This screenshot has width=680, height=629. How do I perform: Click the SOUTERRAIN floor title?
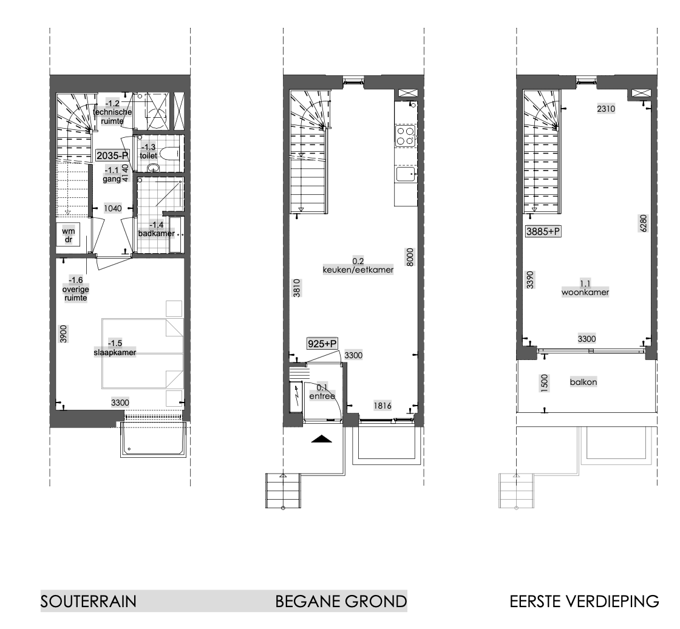(x=89, y=601)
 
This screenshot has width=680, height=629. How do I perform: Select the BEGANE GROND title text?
(x=341, y=601)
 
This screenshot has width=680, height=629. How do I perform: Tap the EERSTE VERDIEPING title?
(x=584, y=601)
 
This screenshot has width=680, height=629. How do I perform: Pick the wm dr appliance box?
(x=68, y=235)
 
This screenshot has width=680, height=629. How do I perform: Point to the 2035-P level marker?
(x=113, y=155)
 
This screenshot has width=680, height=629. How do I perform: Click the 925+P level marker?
(x=322, y=344)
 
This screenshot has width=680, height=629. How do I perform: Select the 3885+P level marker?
(x=543, y=231)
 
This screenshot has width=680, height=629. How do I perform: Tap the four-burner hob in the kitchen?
(x=406, y=136)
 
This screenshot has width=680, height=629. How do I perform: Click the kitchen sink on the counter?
(x=406, y=174)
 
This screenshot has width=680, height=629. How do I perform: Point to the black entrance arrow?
(x=322, y=439)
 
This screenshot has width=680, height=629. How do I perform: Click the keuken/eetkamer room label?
(x=358, y=270)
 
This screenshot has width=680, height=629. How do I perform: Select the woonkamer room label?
(x=585, y=292)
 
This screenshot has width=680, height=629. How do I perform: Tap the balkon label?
(x=583, y=382)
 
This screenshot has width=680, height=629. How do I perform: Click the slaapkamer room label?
(x=115, y=352)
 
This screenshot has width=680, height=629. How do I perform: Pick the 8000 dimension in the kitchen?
(x=410, y=257)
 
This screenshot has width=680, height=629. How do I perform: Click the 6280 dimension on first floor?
(x=643, y=223)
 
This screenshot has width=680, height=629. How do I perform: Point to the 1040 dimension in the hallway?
(x=113, y=208)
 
